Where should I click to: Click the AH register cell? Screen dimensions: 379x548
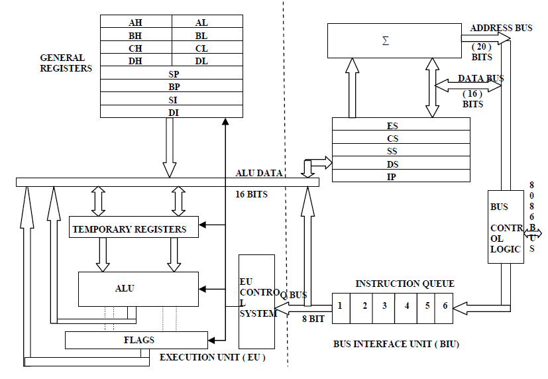[x=136, y=22]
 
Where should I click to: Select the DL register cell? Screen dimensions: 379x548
[x=201, y=60]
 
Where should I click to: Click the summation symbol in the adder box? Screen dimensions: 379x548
[x=386, y=40]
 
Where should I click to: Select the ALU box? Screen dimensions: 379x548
[x=138, y=288]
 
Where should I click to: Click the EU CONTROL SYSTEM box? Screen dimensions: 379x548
[x=256, y=301]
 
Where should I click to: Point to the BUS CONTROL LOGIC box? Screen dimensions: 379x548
[x=505, y=227]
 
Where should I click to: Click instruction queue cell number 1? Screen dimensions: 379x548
[x=340, y=306]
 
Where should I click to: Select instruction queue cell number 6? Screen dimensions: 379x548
[x=445, y=306]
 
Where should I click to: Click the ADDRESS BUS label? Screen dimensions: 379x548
[x=501, y=28]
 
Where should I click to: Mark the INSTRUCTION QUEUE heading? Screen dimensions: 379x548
[x=404, y=284]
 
